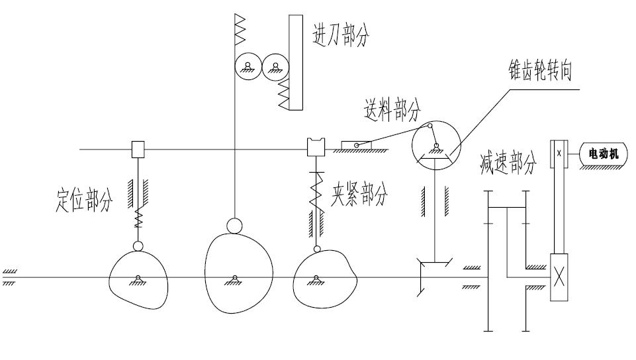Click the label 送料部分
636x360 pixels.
[390, 111]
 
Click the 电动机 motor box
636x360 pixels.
[603, 154]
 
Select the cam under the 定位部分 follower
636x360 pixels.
[137, 281]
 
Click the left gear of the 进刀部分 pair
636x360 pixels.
[247, 67]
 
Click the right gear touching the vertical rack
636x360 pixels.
[275, 67]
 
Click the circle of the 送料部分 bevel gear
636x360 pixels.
[434, 146]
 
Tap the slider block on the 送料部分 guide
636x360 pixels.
[356, 145]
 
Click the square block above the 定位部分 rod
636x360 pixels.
[138, 150]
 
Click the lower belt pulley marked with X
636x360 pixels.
[559, 278]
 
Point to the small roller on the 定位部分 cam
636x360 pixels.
[137, 247]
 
